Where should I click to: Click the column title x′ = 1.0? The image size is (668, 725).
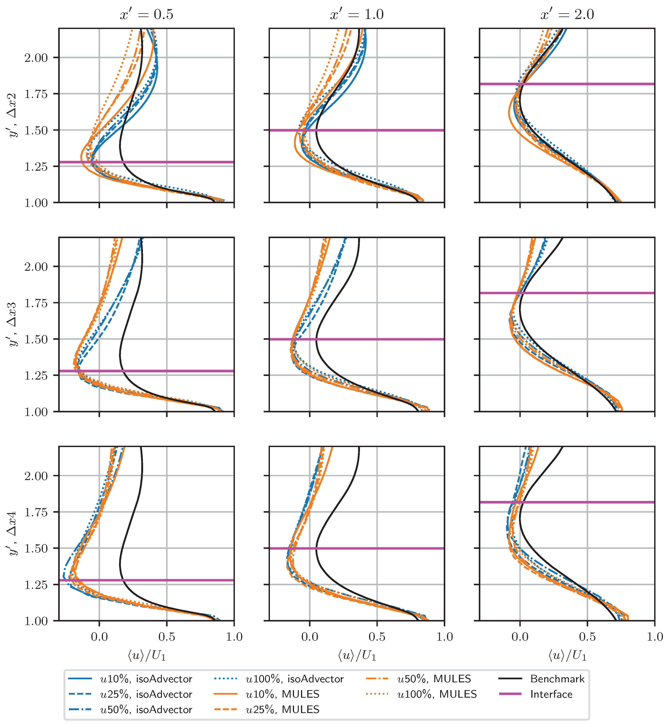click(357, 14)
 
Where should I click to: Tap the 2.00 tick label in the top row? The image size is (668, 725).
click(36, 58)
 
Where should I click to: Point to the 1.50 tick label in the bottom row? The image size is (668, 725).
click(36, 548)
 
